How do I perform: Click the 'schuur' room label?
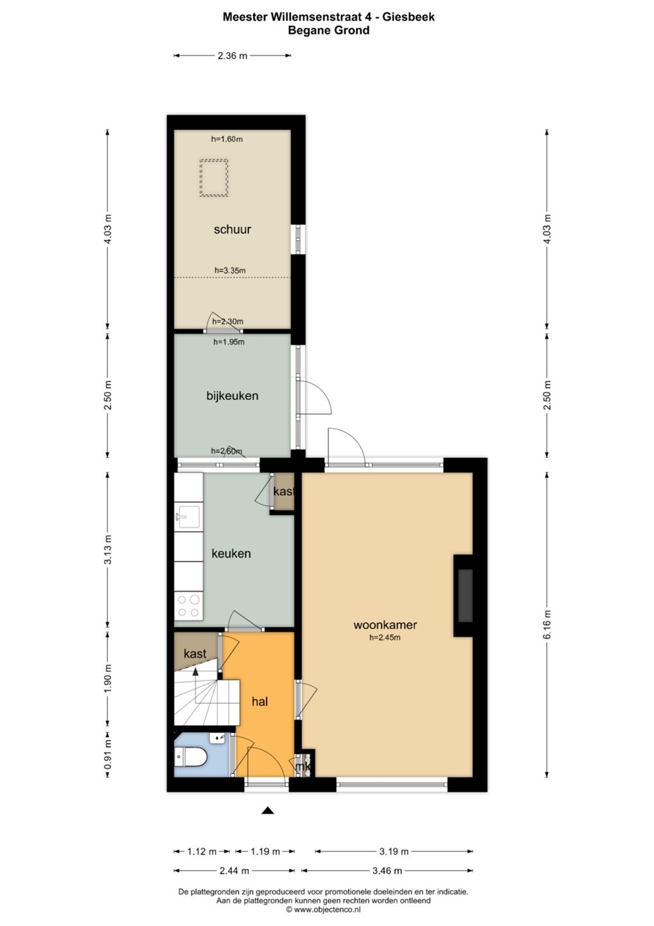click(232, 230)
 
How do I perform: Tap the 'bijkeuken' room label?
click(233, 395)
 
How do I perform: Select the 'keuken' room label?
click(231, 554)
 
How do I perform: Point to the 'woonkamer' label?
click(385, 624)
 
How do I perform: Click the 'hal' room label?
click(260, 702)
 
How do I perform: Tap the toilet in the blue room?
click(190, 757)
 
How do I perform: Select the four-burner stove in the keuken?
click(189, 606)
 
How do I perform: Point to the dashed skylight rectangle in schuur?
click(214, 178)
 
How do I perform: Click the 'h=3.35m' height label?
click(230, 270)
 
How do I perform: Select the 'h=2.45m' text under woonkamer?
click(385, 637)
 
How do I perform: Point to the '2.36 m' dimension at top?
click(233, 55)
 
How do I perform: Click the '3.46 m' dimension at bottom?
click(387, 871)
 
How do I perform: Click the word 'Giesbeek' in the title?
click(409, 17)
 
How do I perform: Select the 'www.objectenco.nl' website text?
click(326, 909)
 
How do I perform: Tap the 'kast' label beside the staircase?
click(195, 653)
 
